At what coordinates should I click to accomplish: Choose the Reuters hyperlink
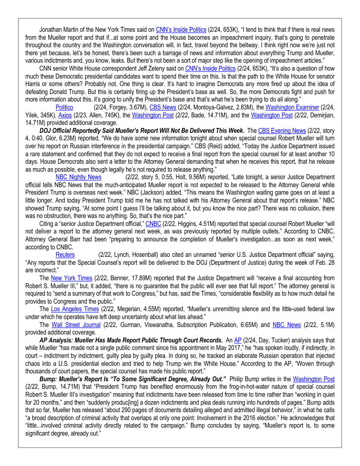(x=65, y=255)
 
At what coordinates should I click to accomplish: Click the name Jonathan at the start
(x=51, y=30)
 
